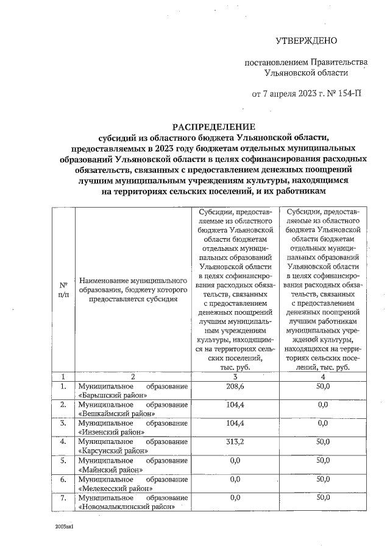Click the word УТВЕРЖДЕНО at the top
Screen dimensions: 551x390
(x=306, y=41)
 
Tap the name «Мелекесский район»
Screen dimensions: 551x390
(x=115, y=488)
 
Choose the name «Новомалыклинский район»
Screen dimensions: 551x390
(x=127, y=507)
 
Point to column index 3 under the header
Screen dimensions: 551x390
(x=235, y=376)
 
